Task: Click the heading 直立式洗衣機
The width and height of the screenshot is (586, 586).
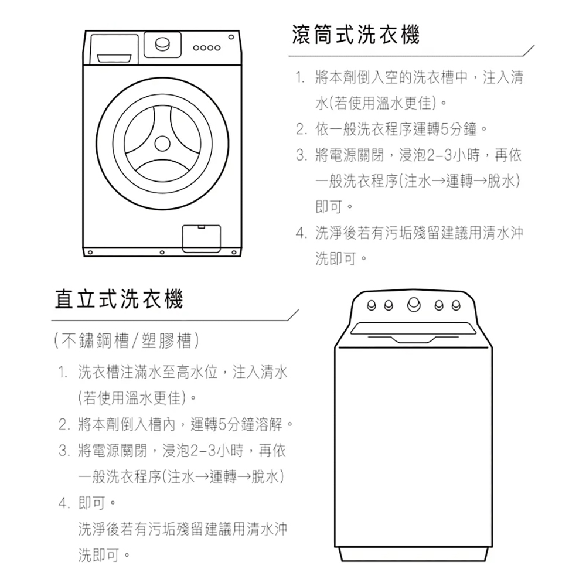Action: coord(118,299)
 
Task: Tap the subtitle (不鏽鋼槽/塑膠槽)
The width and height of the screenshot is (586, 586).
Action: coord(127,340)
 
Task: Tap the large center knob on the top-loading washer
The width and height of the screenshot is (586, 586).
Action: coord(414,304)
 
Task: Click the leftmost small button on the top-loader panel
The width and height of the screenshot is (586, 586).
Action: coord(369,304)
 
